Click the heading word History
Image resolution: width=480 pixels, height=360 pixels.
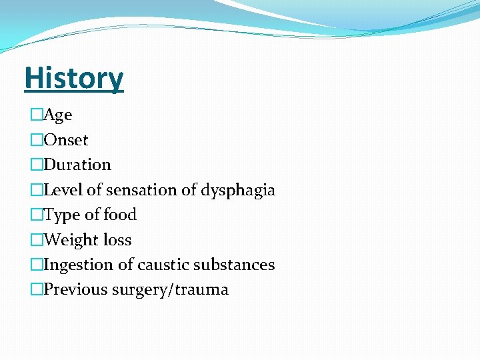coord(73,78)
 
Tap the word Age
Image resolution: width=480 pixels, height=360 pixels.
coord(58,115)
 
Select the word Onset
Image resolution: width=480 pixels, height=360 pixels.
coord(66,140)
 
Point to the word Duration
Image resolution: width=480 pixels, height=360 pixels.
coord(77,165)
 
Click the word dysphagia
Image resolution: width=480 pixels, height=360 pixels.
coord(241,190)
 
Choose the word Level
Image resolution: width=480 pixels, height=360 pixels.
coord(63,190)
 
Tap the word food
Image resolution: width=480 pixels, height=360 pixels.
coord(120,215)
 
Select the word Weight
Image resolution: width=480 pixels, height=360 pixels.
coord(71,240)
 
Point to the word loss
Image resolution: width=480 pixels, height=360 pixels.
coord(117,240)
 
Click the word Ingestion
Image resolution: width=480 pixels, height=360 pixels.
coord(79,265)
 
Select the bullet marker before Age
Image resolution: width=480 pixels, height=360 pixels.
coord(37,115)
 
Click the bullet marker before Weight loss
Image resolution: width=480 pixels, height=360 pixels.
coord(37,240)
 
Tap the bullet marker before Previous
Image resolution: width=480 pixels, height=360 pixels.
coord(37,289)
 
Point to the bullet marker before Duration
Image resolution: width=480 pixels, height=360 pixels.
coord(37,165)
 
